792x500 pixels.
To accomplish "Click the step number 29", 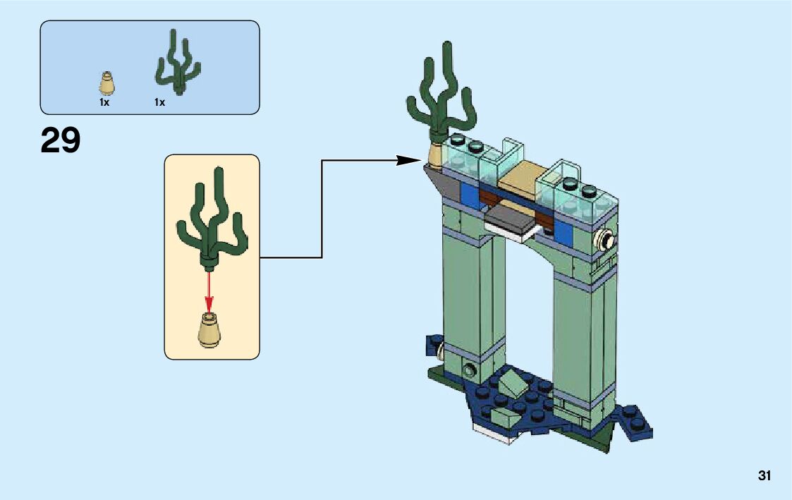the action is pos(61,140).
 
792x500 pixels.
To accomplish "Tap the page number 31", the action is pos(764,476).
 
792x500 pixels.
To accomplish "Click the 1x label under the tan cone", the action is pos(104,103).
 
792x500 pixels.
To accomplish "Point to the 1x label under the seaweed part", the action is pos(159,103).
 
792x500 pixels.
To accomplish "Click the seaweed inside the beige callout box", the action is pos(211,219).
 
